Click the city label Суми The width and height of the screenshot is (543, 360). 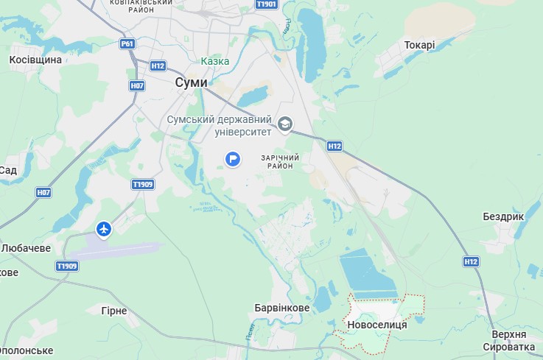point(192,82)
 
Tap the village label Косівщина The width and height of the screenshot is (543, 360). point(35,59)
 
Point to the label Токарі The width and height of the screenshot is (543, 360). point(419,45)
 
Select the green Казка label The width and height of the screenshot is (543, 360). point(215,61)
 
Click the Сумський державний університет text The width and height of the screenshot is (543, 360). point(220,126)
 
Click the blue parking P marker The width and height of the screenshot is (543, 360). point(233,158)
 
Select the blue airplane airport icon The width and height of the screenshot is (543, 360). point(104,230)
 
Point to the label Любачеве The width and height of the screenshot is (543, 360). point(26,248)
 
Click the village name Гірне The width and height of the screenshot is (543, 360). point(114,311)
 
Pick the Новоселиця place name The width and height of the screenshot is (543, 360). point(376,325)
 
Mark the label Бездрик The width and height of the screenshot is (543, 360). point(503,217)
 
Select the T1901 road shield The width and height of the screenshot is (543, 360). point(266,4)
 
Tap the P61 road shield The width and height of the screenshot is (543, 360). point(127,44)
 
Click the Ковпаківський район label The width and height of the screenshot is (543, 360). point(141,7)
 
